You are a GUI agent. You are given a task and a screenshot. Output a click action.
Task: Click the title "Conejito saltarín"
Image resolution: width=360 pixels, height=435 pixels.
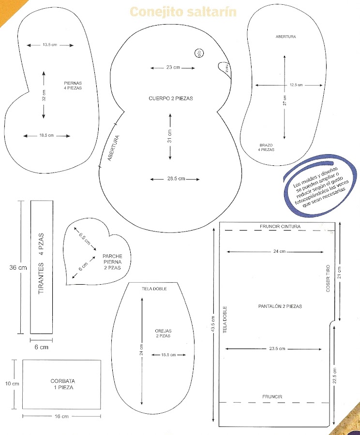pos(183,12)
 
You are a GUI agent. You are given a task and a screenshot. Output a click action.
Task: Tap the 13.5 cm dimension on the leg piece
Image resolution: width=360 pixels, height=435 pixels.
pos(50,45)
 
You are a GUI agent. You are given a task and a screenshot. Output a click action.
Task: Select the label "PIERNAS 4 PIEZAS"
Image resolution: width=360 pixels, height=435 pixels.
pos(73,86)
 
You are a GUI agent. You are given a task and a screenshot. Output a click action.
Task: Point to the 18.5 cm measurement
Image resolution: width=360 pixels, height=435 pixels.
pos(47,135)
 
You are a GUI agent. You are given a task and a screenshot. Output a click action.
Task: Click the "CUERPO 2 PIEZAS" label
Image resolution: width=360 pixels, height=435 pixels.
pos(170,98)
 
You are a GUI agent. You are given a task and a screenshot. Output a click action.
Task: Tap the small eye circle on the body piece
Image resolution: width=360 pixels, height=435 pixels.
pos(198,54)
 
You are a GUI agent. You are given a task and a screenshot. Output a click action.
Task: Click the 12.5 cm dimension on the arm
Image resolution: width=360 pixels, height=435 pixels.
pos(296,85)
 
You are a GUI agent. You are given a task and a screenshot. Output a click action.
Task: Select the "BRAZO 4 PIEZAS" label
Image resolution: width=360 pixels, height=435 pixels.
pos(266,147)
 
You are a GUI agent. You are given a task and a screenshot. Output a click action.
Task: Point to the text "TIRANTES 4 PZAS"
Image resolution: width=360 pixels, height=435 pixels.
pos(41,264)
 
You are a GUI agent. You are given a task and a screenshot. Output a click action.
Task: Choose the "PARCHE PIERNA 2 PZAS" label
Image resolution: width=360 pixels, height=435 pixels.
pos(112,262)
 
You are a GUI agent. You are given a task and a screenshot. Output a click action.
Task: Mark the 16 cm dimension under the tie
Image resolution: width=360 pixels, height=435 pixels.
pos(61,416)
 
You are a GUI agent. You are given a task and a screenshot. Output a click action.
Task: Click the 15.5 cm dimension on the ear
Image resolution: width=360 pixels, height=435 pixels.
pos(167,355)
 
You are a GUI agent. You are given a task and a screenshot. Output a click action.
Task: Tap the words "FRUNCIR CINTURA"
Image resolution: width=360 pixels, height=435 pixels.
pos(280,226)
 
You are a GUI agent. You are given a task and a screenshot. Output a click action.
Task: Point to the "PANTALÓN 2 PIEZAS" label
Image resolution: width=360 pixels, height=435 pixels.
pos(280,306)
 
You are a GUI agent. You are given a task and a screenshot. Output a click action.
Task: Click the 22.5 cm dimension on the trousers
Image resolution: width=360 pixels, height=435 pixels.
pos(334,376)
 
